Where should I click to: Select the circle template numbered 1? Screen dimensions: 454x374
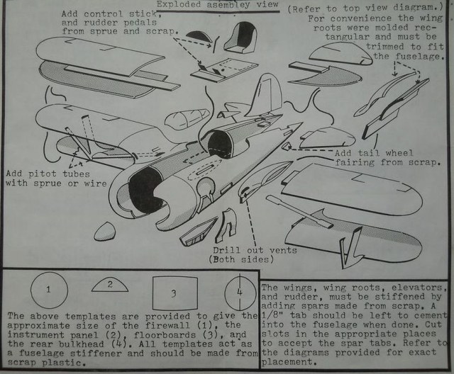click(x=48, y=289)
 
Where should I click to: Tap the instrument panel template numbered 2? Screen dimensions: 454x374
click(x=111, y=285)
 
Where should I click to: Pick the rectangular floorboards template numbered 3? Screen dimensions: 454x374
click(x=173, y=291)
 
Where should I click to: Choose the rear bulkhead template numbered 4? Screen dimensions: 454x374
click(x=240, y=291)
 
